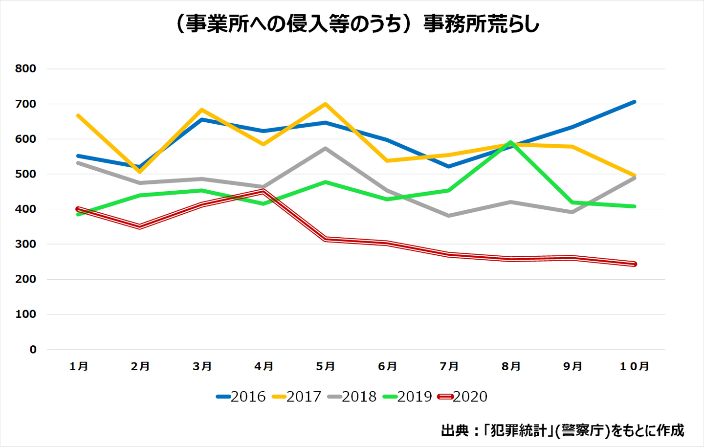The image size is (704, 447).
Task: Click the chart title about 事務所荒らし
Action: [x=356, y=24]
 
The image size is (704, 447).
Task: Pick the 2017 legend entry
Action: [x=297, y=397]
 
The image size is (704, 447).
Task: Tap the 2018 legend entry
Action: [x=352, y=397]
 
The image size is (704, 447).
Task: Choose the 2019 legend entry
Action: [x=408, y=397]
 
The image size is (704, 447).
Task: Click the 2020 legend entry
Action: [x=463, y=397]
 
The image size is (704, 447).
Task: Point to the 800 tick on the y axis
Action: [x=25, y=68]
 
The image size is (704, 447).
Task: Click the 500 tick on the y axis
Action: [x=25, y=174]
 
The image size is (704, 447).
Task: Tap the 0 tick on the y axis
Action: [x=33, y=350]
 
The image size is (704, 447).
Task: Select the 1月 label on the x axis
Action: [x=78, y=366]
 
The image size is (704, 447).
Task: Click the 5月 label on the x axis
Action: [x=325, y=366]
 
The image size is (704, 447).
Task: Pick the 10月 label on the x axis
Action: [x=634, y=366]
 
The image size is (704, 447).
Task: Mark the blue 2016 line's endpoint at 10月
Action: [x=634, y=102]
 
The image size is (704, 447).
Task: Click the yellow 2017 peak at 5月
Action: [x=325, y=104]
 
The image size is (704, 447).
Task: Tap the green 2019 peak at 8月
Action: [x=510, y=142]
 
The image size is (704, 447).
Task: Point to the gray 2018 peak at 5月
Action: [x=325, y=148]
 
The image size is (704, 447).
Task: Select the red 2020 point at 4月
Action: [x=264, y=191]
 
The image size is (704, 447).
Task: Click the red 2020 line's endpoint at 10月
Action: [x=634, y=264]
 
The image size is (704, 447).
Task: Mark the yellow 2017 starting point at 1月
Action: [x=78, y=115]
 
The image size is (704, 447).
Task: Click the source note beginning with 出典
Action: [x=562, y=430]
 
